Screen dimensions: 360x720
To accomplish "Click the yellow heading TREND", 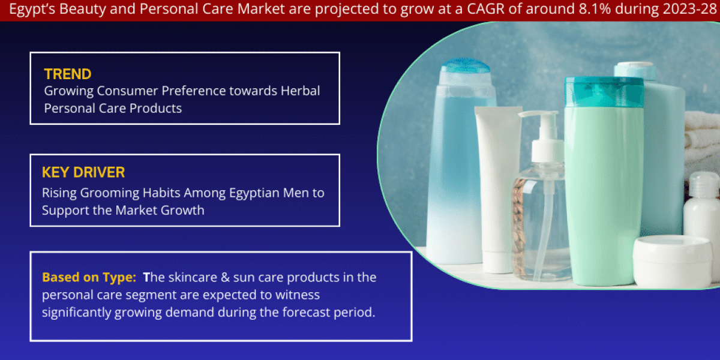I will tap(68, 74).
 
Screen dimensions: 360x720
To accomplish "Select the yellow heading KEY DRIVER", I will tap(83, 173).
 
